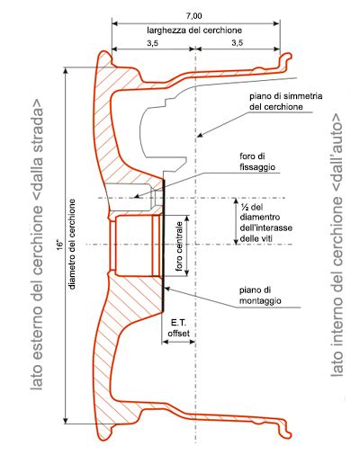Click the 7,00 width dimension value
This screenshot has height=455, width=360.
194,16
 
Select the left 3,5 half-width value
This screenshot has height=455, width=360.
153,43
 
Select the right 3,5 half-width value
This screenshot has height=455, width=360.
237,43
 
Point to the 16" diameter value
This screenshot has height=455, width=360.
58,244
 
